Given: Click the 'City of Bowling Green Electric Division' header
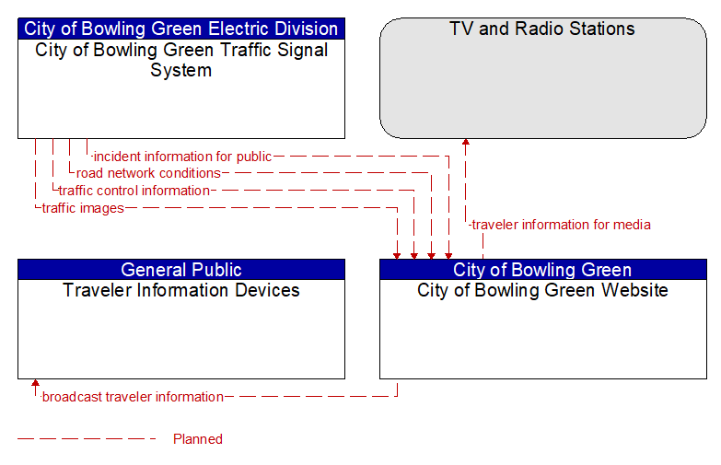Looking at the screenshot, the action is (181, 29).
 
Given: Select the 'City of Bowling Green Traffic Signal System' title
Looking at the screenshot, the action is (181, 60).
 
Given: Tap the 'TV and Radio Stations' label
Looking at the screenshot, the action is (542, 29).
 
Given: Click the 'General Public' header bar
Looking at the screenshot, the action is (181, 270).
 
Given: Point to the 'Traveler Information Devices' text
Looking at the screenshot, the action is (181, 290).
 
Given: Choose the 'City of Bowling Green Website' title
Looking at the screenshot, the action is (542, 290).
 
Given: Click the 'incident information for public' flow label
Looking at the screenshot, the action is (182, 157).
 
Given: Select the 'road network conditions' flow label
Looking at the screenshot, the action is (148, 173).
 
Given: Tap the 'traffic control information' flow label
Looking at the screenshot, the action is (134, 191).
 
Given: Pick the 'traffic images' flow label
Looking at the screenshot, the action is (83, 208).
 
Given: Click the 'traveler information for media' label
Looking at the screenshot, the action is (561, 225).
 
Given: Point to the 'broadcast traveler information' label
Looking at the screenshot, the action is (133, 397).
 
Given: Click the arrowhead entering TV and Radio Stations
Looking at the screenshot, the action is (466, 142).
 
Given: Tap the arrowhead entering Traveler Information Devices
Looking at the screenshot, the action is (35, 383).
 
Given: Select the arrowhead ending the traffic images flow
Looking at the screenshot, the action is (397, 256).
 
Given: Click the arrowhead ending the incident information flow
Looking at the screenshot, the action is (448, 256).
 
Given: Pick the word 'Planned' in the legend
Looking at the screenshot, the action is (198, 439).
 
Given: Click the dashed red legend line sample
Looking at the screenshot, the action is (87, 439).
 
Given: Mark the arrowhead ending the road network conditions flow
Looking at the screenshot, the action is (431, 256).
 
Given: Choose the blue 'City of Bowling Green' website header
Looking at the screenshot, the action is (543, 270).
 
